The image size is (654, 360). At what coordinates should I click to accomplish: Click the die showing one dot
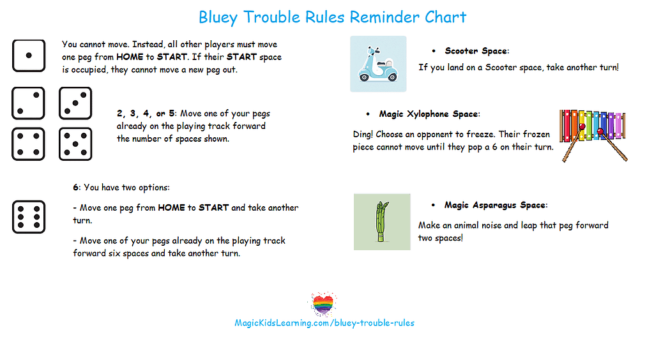pyautogui.click(x=29, y=56)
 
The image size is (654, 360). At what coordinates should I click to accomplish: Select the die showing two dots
pyautogui.click(x=28, y=103)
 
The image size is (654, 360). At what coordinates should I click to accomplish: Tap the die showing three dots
pyautogui.click(x=75, y=103)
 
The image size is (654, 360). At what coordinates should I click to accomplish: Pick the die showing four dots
pyautogui.click(x=28, y=144)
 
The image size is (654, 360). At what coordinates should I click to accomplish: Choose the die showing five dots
pyautogui.click(x=75, y=144)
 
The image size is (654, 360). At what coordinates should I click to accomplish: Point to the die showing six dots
pyautogui.click(x=29, y=217)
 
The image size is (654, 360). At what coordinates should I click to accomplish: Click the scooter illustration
pyautogui.click(x=378, y=64)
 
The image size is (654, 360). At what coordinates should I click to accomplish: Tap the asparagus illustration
pyautogui.click(x=382, y=222)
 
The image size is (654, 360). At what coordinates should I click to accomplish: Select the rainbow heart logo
pyautogui.click(x=323, y=304)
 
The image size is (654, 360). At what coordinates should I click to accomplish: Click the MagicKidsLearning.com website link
pyautogui.click(x=324, y=323)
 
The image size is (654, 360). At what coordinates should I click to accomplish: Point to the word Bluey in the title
pyautogui.click(x=218, y=17)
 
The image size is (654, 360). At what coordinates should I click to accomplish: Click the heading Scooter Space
pyautogui.click(x=476, y=51)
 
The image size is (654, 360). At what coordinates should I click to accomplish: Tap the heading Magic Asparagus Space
pyautogui.click(x=496, y=205)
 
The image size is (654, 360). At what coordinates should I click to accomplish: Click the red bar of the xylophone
pyautogui.click(x=567, y=126)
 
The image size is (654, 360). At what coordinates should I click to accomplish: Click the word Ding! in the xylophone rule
pyautogui.click(x=363, y=135)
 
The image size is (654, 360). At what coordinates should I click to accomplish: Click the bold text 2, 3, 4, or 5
pyautogui.click(x=146, y=114)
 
